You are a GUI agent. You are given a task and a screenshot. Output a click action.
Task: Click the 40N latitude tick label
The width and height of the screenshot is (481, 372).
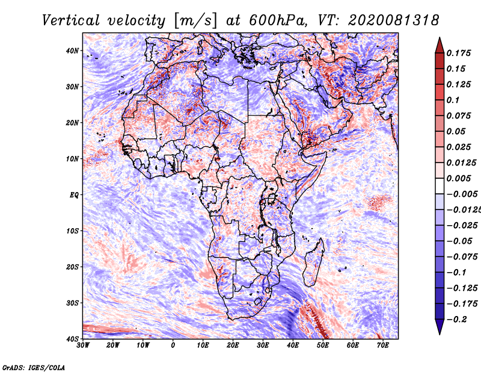pos(72,51)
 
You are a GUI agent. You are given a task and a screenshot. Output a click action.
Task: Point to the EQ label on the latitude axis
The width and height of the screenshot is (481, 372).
pos(74,195)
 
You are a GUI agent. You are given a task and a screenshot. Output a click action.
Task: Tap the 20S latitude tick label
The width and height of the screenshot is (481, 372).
pos(72,267)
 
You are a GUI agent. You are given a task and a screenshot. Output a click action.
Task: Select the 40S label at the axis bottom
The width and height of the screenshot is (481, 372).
pos(72,339)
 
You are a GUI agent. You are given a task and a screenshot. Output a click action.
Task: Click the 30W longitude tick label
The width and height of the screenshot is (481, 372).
pos(83,346)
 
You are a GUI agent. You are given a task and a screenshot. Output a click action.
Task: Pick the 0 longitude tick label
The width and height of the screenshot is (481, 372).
pos(173,346)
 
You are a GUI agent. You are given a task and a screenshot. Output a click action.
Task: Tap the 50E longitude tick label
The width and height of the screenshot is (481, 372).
pos(323,346)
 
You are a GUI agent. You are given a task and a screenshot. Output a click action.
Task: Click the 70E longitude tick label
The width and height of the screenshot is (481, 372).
pos(382,346)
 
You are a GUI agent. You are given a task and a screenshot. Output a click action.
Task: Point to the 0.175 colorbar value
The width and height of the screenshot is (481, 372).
pos(459,53)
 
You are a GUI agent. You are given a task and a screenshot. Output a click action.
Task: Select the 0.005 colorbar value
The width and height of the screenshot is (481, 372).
pos(459,178)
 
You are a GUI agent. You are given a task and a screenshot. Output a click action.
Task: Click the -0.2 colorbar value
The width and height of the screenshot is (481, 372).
pos(457,320)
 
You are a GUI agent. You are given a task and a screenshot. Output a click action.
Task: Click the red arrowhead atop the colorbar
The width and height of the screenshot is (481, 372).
pos(440,45)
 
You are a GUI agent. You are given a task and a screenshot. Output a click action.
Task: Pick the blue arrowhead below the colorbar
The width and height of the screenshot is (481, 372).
pos(440,327)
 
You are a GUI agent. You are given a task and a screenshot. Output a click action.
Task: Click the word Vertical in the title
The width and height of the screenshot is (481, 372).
pos(71,20)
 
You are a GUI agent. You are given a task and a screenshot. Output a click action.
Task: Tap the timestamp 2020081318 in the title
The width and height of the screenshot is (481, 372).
pos(394,20)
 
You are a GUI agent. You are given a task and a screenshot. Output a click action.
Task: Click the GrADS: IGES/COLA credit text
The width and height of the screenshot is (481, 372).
pos(34,367)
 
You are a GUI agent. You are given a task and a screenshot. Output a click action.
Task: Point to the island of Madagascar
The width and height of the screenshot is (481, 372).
pos(313,263)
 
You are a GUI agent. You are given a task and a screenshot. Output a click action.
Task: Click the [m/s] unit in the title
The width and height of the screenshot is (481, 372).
pos(195,21)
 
